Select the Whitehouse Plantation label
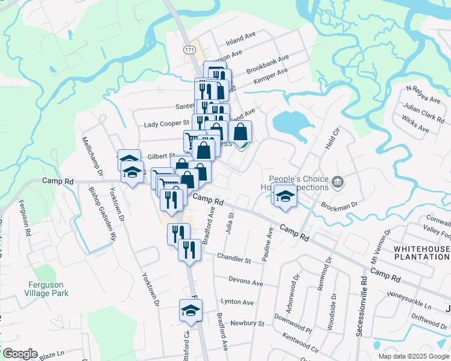(421, 252)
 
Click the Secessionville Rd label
(362, 307)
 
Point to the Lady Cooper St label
(167, 125)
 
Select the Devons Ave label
(245, 282)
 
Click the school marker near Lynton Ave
(191, 310)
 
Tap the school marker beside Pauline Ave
(286, 196)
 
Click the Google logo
(19, 354)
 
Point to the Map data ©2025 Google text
(414, 356)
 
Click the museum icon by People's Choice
(337, 180)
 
